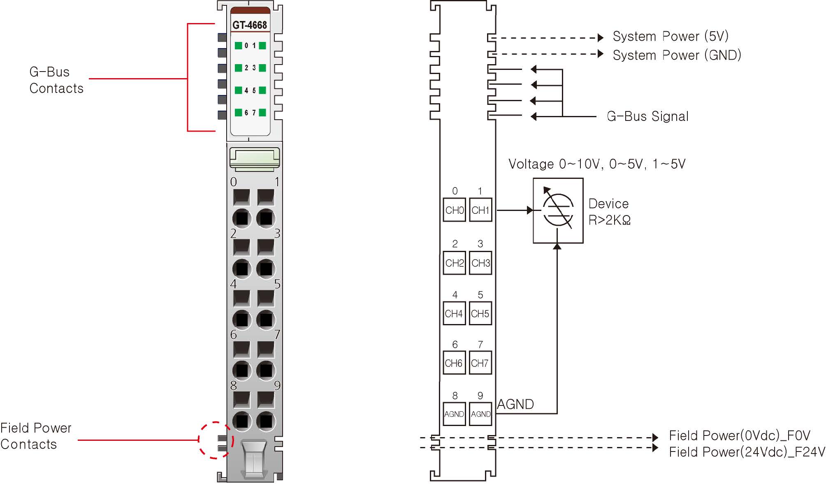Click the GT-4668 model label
pyautogui.click(x=250, y=25)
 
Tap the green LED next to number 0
pyautogui.click(x=238, y=46)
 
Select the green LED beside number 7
pyautogui.click(x=262, y=113)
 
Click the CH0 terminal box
pyautogui.click(x=454, y=210)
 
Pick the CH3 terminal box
pyautogui.click(x=480, y=263)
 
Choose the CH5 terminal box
pyautogui.click(x=480, y=314)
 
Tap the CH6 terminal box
pyautogui.click(x=454, y=363)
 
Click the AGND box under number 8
pyautogui.click(x=454, y=414)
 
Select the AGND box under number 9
pyautogui.click(x=480, y=414)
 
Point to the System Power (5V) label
pyautogui.click(x=671, y=36)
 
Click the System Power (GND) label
pyautogui.click(x=677, y=55)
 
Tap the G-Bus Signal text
pyautogui.click(x=647, y=116)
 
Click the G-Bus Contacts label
pyautogui.click(x=56, y=80)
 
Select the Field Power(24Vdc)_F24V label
pyautogui.click(x=747, y=452)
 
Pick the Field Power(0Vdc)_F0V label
pyautogui.click(x=740, y=435)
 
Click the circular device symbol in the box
pyautogui.click(x=558, y=210)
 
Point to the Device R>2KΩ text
pyautogui.click(x=609, y=212)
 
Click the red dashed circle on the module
pyautogui.click(x=216, y=440)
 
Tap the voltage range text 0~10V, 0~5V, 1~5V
pyautogui.click(x=597, y=164)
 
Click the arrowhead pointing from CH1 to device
pyautogui.click(x=530, y=210)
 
